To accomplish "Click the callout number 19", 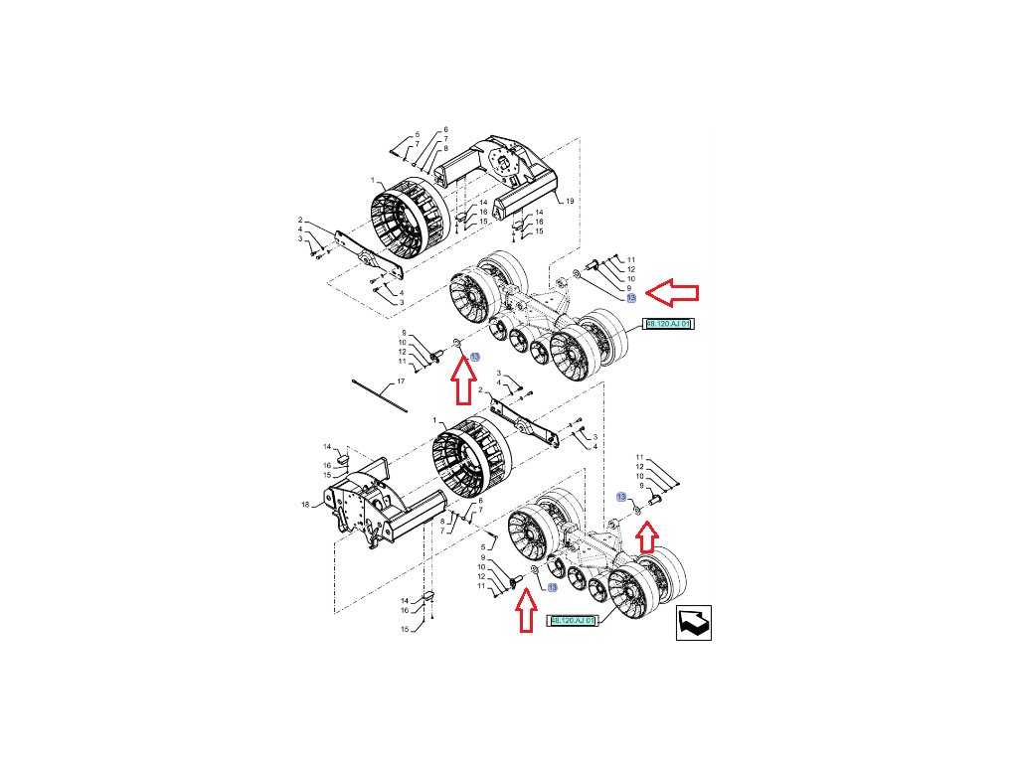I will click(571, 202).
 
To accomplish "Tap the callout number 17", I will click(401, 381).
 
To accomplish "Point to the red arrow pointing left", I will click(673, 292).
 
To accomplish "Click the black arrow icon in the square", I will click(693, 623).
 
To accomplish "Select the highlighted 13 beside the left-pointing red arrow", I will click(630, 298).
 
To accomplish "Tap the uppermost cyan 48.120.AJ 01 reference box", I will click(668, 324).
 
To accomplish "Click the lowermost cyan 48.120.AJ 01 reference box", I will click(573, 621).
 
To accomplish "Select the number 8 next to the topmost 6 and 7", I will click(445, 148).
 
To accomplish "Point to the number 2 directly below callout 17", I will click(480, 390).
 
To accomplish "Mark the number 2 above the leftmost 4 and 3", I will click(299, 220).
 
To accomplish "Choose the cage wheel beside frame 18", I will click(470, 460).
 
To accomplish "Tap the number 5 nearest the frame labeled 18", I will click(483, 546).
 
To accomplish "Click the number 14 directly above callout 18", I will click(325, 448).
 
